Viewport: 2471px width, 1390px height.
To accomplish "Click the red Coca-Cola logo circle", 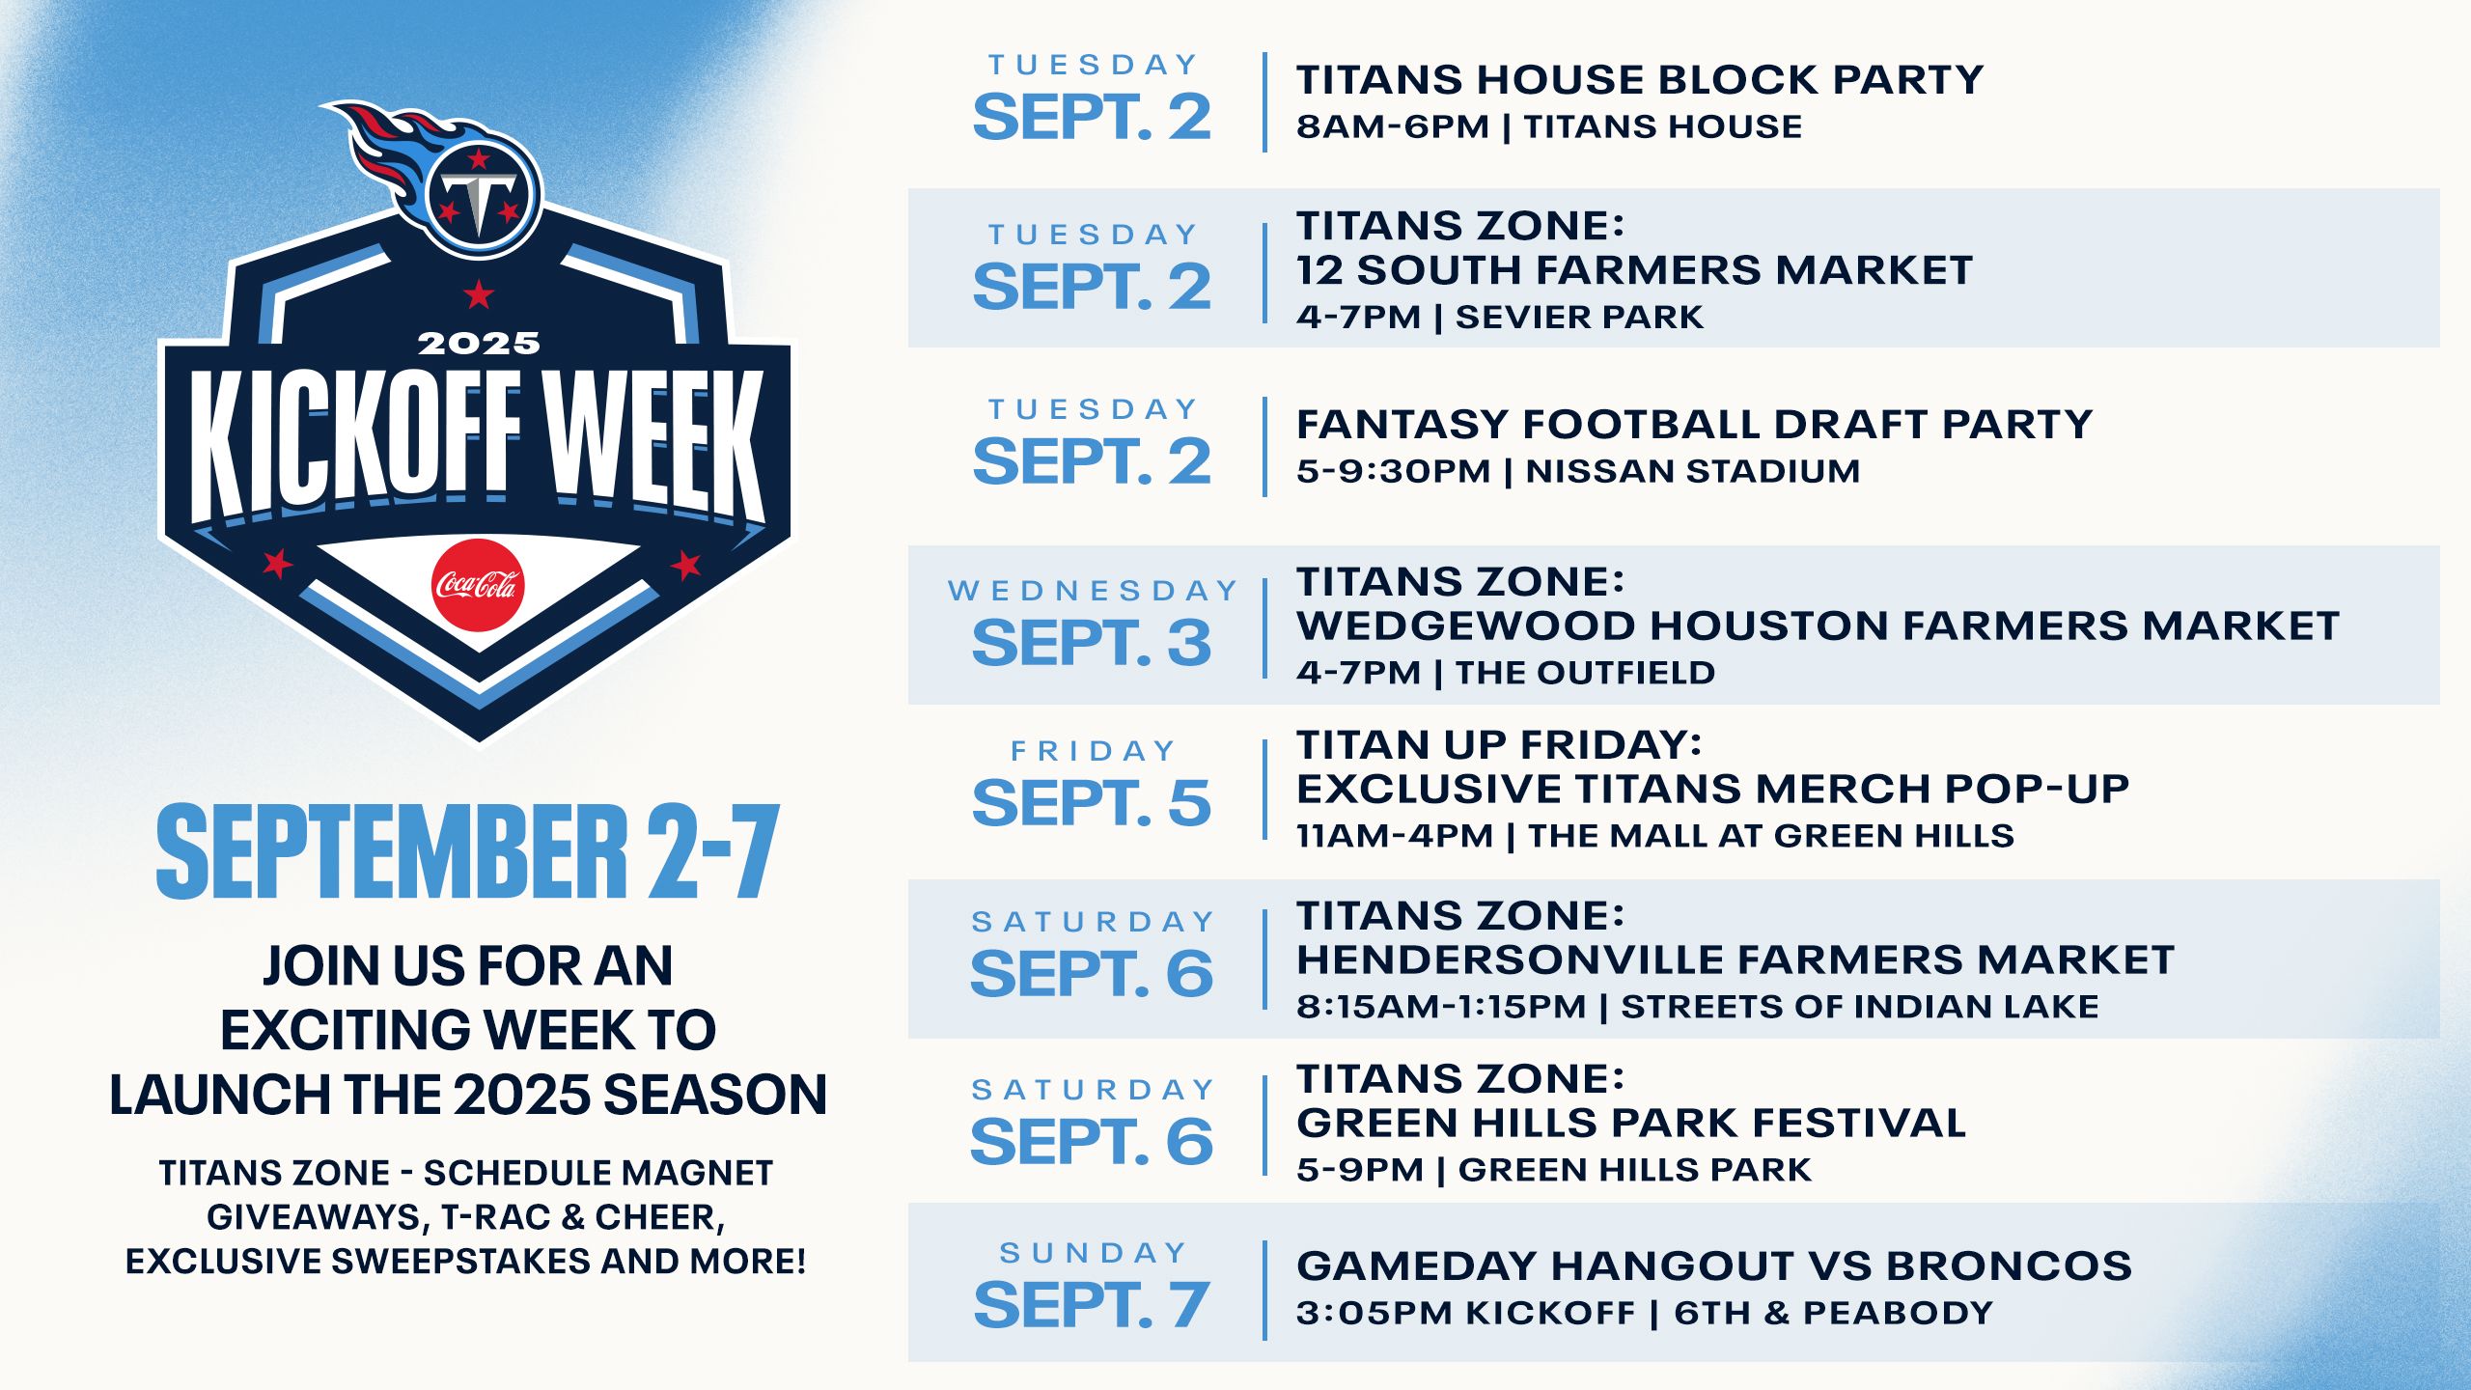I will pyautogui.click(x=478, y=585).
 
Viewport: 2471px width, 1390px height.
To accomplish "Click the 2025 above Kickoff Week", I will pyautogui.click(x=478, y=344).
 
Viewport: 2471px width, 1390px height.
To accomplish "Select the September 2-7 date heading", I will pyautogui.click(x=467, y=852).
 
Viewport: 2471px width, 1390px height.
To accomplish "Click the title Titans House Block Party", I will pyautogui.click(x=1639, y=80).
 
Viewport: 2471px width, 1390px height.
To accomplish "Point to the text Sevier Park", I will pyautogui.click(x=1579, y=318).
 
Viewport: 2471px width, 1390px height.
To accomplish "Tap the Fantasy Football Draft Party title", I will pyautogui.click(x=1694, y=425).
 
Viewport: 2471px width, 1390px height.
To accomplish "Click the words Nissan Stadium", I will pyautogui.click(x=1692, y=471).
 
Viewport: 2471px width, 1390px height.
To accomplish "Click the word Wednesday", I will pyautogui.click(x=1093, y=591).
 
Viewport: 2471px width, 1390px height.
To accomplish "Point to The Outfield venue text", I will pyautogui.click(x=1585, y=673).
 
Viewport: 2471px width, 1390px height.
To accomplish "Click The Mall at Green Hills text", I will pyautogui.click(x=1770, y=836).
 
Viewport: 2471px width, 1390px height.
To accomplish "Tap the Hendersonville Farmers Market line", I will pyautogui.click(x=1735, y=960).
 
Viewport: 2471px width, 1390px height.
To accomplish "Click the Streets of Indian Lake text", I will pyautogui.click(x=1859, y=1007).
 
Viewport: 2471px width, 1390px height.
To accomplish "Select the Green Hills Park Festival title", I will pyautogui.click(x=1631, y=1124).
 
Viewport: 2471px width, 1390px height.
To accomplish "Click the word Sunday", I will pyautogui.click(x=1094, y=1253).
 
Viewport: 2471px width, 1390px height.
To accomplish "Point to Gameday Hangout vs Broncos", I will pyautogui.click(x=1713, y=1265).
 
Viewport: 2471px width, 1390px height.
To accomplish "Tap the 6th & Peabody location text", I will pyautogui.click(x=1833, y=1313).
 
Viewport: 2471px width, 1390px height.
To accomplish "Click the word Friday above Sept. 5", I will pyautogui.click(x=1094, y=751).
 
